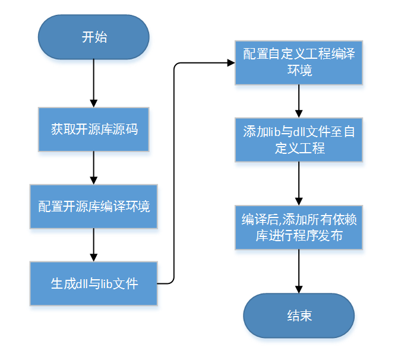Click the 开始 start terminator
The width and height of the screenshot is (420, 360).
click(94, 37)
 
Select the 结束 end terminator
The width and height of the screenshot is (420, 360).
click(299, 315)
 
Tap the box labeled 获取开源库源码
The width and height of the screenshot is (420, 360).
click(94, 129)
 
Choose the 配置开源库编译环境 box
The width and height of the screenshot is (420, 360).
click(94, 206)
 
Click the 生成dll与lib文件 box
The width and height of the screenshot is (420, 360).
click(94, 283)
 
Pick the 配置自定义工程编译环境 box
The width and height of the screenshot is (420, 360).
click(299, 62)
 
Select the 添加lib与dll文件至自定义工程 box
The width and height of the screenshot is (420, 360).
click(299, 140)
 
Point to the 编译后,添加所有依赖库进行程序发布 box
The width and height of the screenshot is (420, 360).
click(299, 227)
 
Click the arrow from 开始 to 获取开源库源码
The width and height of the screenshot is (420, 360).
click(94, 83)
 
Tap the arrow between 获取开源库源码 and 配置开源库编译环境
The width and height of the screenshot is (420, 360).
click(94, 168)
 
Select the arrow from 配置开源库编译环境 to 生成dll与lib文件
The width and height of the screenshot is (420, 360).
click(94, 245)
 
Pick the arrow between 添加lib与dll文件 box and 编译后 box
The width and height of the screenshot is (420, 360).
click(299, 183)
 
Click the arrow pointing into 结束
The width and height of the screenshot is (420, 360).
click(299, 271)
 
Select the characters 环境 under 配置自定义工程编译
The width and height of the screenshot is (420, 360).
click(299, 70)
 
